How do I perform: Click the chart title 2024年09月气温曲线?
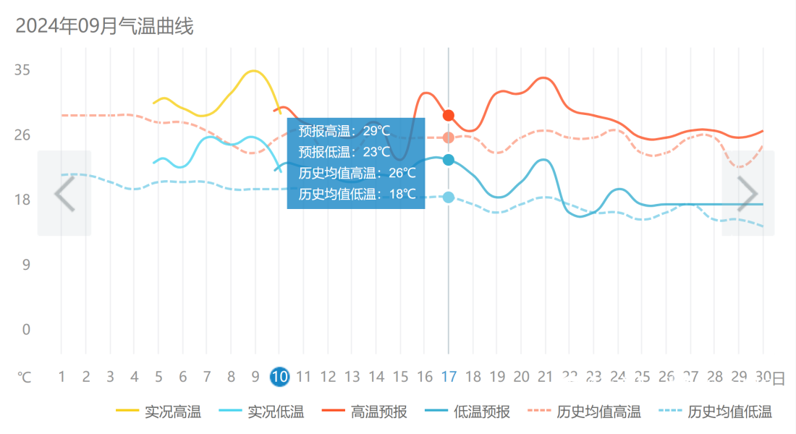tap(104, 27)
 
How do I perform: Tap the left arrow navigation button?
tap(64, 193)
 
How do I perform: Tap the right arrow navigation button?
tap(748, 193)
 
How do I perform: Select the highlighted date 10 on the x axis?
tap(279, 377)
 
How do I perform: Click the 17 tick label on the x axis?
tap(449, 377)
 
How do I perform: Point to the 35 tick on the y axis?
tap(22, 70)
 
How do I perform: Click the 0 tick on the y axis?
tap(26, 330)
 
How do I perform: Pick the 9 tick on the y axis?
tap(26, 265)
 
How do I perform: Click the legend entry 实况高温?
tap(158, 412)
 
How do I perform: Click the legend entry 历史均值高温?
tap(584, 412)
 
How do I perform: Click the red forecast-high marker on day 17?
tap(449, 116)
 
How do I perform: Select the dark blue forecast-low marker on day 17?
tap(449, 160)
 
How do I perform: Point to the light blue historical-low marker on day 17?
tap(449, 197)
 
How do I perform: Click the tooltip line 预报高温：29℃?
tap(344, 131)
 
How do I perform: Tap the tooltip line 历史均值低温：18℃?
tap(357, 194)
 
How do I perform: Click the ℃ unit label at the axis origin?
tap(25, 378)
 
